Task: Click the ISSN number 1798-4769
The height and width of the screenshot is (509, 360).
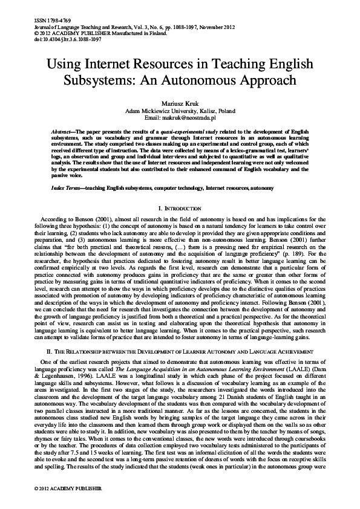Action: pyautogui.click(x=46, y=22)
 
